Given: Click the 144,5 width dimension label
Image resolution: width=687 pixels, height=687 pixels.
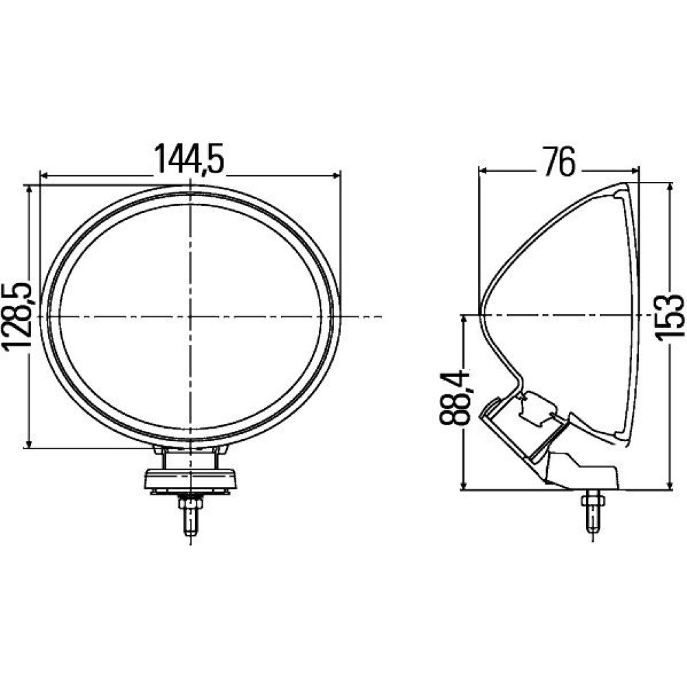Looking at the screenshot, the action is click(190, 159).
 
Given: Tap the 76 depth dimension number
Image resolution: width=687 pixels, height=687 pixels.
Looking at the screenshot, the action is click(558, 161).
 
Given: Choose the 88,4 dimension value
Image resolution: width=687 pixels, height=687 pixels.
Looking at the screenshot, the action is click(454, 398).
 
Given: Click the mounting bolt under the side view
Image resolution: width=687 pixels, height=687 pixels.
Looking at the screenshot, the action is click(592, 510).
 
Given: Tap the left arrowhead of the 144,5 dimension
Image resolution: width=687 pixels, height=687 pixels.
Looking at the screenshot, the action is click(44, 176).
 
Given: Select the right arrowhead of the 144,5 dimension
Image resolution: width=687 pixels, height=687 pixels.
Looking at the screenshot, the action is click(337, 176).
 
